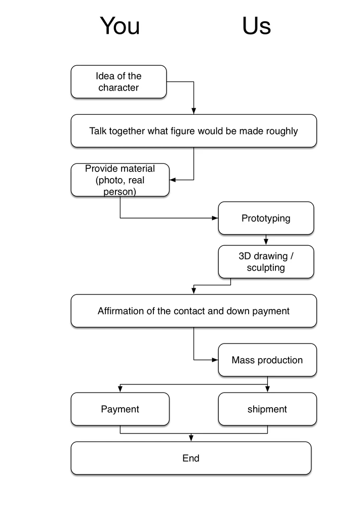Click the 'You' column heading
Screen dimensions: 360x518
(x=119, y=26)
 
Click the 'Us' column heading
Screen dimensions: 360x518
(x=257, y=26)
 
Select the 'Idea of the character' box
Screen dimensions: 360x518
(x=118, y=81)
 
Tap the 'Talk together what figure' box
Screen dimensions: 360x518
(x=194, y=131)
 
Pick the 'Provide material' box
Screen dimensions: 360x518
(x=120, y=180)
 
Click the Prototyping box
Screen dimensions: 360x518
(x=266, y=218)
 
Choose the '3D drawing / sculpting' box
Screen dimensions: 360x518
(x=266, y=262)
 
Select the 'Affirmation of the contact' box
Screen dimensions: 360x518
(x=194, y=311)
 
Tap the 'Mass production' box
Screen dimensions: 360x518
(x=267, y=360)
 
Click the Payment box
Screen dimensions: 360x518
(x=120, y=409)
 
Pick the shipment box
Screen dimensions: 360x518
(x=267, y=409)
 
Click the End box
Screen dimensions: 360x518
(x=191, y=458)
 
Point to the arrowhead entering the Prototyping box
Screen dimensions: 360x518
(x=215, y=218)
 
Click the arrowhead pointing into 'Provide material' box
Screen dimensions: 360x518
(x=173, y=180)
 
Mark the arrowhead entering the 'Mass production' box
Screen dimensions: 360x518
(x=215, y=360)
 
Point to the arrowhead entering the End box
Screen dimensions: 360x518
(x=191, y=439)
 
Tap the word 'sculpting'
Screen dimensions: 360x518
(x=266, y=268)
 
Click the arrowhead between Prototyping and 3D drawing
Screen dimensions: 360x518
(x=266, y=242)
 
